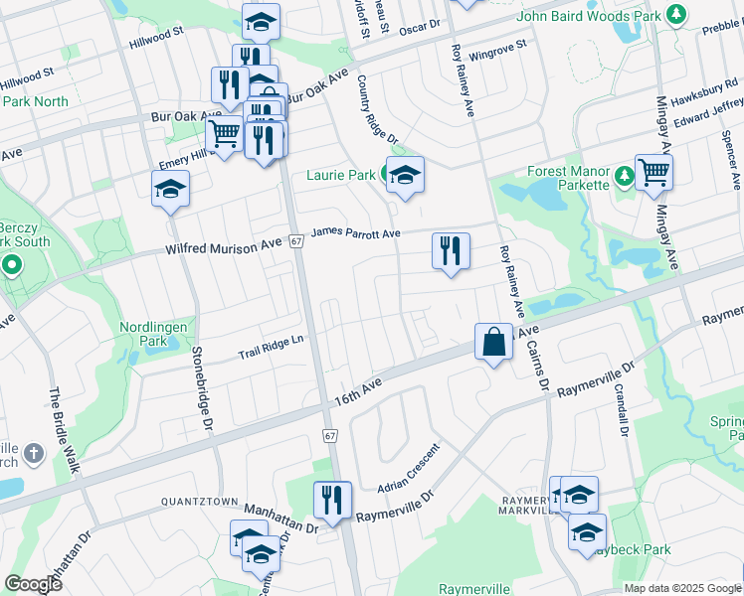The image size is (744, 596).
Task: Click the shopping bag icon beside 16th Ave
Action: pos(493,344)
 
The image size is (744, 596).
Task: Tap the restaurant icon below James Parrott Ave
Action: pos(451,251)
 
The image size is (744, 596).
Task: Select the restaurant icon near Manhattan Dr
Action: pos(332,500)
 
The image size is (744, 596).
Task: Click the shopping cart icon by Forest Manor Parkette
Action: pos(653,173)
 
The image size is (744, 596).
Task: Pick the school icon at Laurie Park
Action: pos(405,176)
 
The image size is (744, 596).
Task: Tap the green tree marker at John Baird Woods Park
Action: pos(676,14)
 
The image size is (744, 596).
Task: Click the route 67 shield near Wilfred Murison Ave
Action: pos(296,241)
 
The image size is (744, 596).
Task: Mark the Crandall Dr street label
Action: pos(622,410)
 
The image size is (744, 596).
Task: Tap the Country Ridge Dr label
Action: pos(377,108)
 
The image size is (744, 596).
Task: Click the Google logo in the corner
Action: pos(33,584)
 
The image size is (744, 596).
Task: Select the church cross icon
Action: pos(33,455)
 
